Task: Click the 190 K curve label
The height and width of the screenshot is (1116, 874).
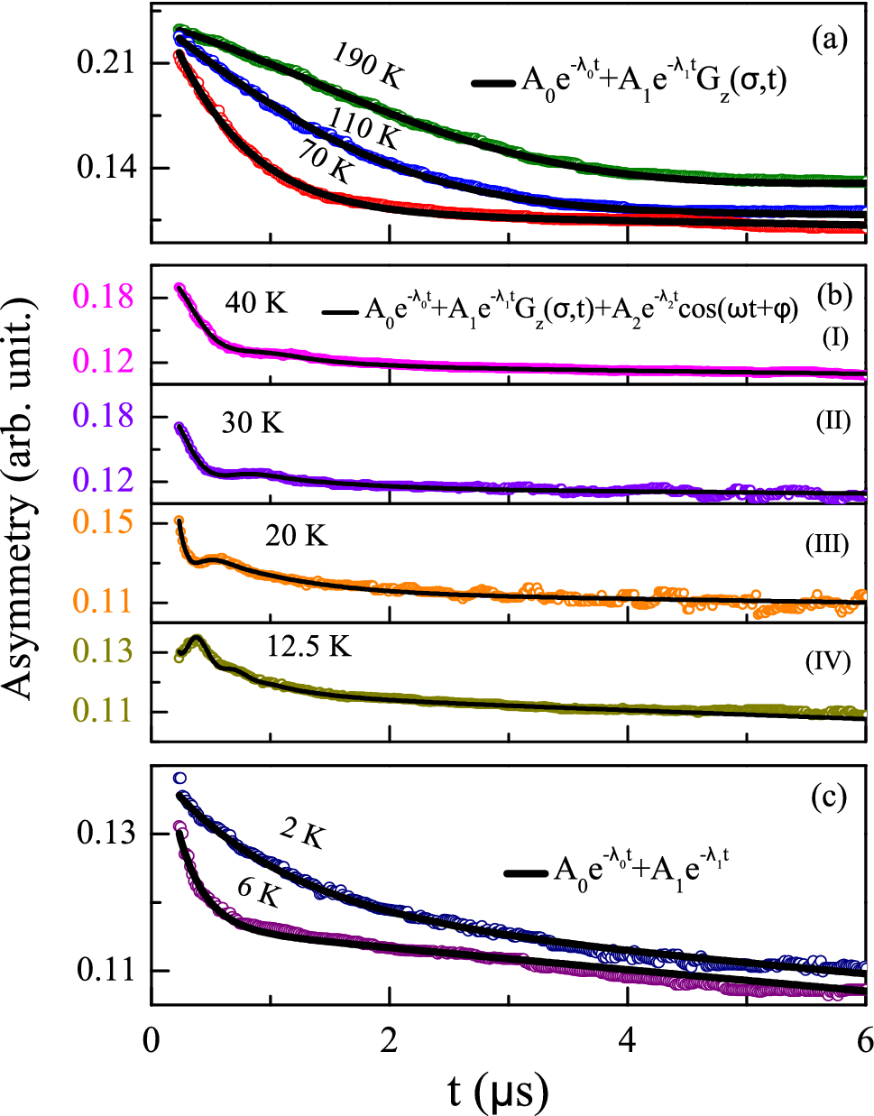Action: (x=367, y=65)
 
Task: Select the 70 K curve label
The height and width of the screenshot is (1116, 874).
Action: (x=324, y=162)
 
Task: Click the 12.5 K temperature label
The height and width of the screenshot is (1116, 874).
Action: (x=308, y=646)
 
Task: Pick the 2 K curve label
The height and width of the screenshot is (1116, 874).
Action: (x=302, y=834)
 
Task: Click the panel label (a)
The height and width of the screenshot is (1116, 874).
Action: (x=829, y=39)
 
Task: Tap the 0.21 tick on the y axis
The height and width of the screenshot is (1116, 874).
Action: (x=105, y=63)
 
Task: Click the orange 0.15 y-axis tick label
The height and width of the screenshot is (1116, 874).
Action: (x=104, y=522)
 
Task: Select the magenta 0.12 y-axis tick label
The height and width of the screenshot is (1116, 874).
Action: (x=104, y=361)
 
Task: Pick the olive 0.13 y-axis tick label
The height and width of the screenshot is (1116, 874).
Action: (x=104, y=650)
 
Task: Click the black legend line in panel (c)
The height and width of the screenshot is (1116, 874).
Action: (x=526, y=873)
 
